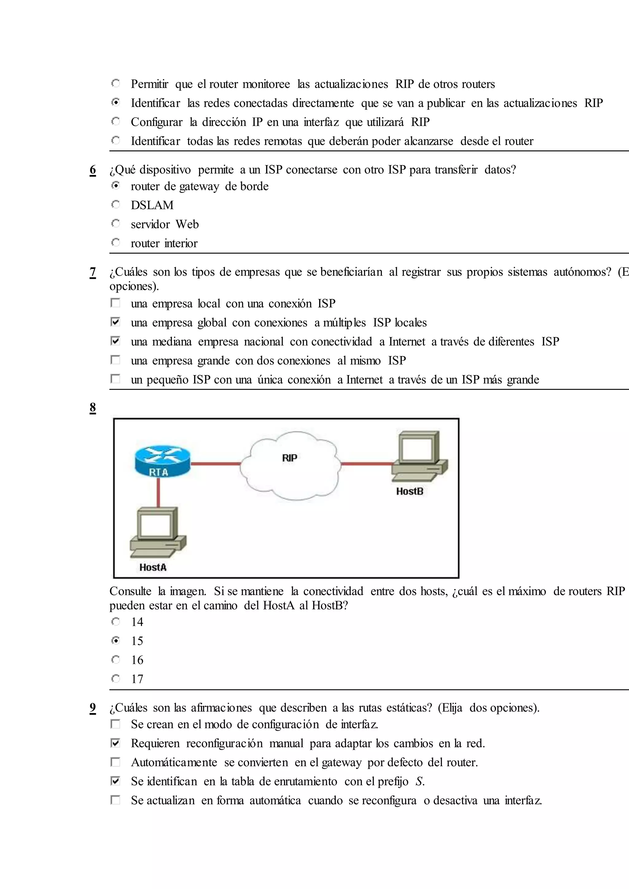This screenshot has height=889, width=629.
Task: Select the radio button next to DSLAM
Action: coord(115,204)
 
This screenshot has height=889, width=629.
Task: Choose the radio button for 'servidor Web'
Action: coord(115,223)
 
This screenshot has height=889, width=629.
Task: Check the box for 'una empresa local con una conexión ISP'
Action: coord(115,302)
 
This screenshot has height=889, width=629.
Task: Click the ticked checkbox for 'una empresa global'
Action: coord(115,321)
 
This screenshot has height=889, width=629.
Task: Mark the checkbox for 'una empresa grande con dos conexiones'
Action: coord(115,360)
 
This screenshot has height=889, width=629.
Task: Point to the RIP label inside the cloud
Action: coord(289,458)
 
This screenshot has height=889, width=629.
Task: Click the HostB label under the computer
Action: coord(409,491)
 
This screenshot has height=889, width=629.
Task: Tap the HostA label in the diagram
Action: coord(153,567)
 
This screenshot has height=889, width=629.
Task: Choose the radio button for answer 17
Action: coord(115,678)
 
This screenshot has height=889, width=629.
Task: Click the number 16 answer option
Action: coord(137,660)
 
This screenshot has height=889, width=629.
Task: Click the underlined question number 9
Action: coord(92,708)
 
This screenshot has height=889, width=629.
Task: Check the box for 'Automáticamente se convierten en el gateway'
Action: coord(115,762)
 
